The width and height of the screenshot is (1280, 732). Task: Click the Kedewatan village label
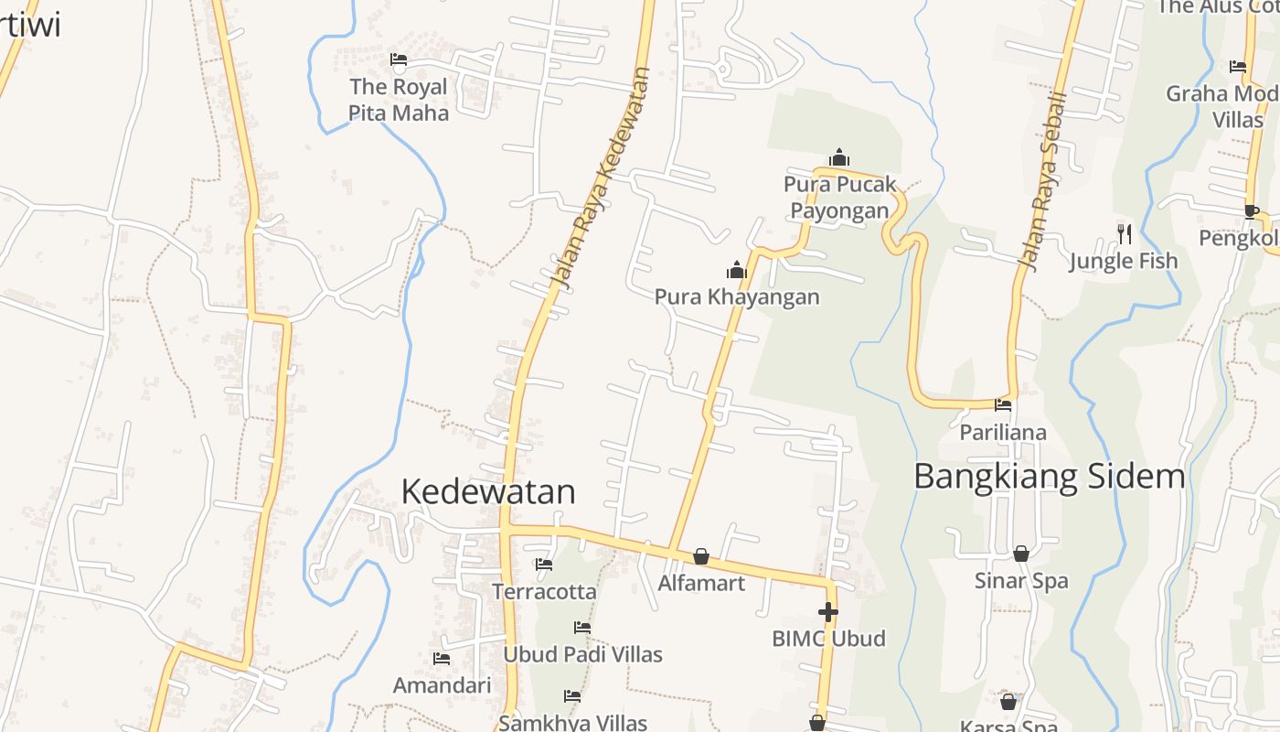(x=488, y=491)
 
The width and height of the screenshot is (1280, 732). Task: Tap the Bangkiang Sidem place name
(x=1049, y=476)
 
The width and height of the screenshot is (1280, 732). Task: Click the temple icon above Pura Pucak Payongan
(x=839, y=157)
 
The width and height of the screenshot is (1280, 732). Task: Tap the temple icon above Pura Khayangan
(x=737, y=270)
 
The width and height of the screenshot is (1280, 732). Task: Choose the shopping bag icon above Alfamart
(x=701, y=556)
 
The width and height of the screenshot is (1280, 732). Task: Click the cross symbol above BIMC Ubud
(x=828, y=612)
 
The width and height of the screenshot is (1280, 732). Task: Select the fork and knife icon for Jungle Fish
(x=1125, y=234)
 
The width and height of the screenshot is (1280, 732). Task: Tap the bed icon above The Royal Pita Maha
(x=399, y=61)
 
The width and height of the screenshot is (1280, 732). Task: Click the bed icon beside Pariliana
(x=1003, y=405)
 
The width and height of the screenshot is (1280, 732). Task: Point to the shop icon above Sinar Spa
(x=1021, y=554)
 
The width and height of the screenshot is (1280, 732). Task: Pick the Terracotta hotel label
(x=544, y=591)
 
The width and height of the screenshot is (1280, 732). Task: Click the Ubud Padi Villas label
(x=582, y=654)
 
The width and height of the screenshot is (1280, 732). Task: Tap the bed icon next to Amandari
(x=442, y=659)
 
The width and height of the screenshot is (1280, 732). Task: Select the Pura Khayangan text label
(x=737, y=296)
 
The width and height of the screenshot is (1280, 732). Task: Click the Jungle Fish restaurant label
(x=1124, y=261)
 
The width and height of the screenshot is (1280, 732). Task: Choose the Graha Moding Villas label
(x=1223, y=106)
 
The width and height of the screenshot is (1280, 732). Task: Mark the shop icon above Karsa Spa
(x=1008, y=702)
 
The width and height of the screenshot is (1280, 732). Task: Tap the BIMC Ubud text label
(x=828, y=638)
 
